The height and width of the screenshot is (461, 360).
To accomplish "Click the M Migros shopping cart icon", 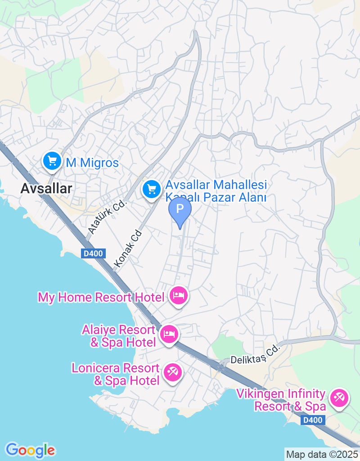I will (x=52, y=161).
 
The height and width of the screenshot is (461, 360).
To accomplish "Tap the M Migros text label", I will (x=92, y=163).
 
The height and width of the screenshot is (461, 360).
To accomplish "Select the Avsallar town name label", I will (x=46, y=189).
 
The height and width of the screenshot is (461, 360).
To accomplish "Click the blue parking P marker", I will (x=180, y=210).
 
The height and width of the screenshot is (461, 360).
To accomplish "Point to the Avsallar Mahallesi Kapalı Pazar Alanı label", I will (x=216, y=191).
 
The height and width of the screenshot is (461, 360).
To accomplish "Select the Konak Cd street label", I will (x=128, y=250).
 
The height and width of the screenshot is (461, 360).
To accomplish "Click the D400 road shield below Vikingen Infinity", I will (x=312, y=420).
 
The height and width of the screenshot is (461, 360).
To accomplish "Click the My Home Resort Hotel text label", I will (x=101, y=298).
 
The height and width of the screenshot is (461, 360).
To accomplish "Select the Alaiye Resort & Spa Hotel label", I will (x=119, y=336).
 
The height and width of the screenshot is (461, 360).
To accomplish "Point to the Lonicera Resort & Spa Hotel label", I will (x=116, y=375).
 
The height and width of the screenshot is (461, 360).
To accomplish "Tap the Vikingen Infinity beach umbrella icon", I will (x=339, y=398).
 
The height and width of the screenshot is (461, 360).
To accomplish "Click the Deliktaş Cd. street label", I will (x=255, y=354).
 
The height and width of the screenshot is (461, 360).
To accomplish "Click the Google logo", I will (x=30, y=450).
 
